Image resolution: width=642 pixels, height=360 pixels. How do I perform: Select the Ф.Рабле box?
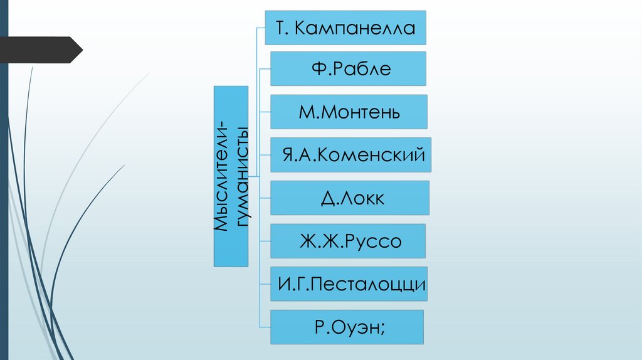(x=349, y=68)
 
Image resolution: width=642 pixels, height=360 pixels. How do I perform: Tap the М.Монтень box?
(x=349, y=112)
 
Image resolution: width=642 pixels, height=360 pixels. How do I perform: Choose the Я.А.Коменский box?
(x=351, y=155)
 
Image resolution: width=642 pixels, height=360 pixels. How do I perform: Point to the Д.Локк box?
(x=350, y=198)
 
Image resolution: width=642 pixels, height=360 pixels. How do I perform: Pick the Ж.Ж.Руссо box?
(x=348, y=241)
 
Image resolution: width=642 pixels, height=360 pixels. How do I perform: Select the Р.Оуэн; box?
(x=347, y=327)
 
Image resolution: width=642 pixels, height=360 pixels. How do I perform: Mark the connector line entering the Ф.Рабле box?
(x=265, y=68)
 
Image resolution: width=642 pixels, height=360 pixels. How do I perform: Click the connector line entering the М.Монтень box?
(x=265, y=112)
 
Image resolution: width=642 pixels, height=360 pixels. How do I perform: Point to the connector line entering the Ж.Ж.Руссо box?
(x=265, y=241)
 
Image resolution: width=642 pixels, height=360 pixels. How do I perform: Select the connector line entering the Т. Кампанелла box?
(x=261, y=28)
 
